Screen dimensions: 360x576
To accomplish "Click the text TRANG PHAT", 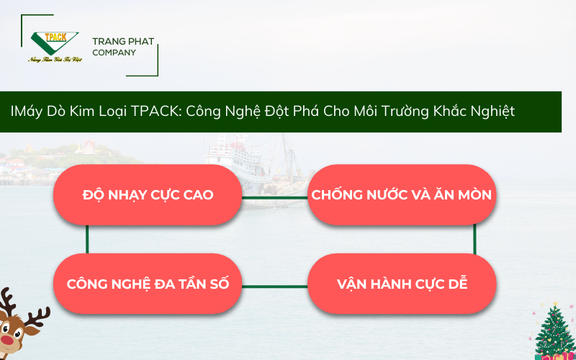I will coord(123,42).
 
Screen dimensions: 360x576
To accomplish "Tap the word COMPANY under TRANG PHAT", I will coord(114,53).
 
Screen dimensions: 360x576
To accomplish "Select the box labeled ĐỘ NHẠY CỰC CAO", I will coord(148,195).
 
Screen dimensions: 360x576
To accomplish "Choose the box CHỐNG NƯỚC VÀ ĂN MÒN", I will coord(401,195).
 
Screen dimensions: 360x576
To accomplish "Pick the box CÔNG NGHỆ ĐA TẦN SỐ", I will coord(148,283).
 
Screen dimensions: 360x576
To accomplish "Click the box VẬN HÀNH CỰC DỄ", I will coord(402,283).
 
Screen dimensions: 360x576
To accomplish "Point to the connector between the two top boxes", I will coord(274,196).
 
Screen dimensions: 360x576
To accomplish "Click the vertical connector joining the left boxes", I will coord(87,239).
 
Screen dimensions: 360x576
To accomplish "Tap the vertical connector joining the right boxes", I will coord(475,239).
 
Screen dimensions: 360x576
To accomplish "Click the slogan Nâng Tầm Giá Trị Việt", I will coord(55,60).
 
